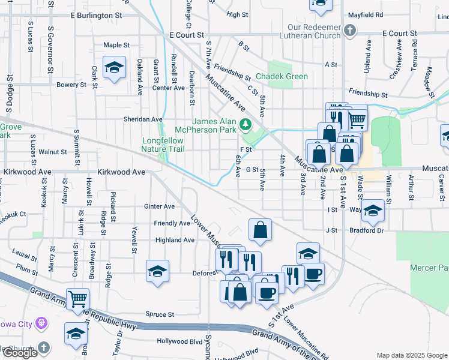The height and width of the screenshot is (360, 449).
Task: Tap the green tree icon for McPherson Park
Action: (x=245, y=125)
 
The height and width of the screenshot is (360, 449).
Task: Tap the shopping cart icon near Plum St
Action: (x=77, y=298)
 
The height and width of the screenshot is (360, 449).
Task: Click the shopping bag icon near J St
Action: (x=260, y=229)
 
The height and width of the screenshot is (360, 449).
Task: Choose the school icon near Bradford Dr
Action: (x=373, y=210)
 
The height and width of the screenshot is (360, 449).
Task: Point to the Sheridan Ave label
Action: (x=143, y=119)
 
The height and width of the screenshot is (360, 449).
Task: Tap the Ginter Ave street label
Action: (x=159, y=206)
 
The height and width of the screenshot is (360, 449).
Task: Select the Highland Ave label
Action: (x=175, y=240)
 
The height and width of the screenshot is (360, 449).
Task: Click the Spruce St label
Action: (x=160, y=314)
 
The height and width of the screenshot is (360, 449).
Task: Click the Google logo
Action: (x=20, y=353)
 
